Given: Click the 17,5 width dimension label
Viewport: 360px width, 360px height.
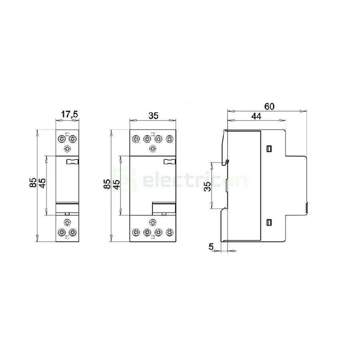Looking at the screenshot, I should click(69, 115).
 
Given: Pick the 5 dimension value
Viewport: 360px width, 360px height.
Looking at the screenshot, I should click(211, 247).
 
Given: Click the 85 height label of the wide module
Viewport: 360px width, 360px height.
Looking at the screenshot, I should click(107, 184).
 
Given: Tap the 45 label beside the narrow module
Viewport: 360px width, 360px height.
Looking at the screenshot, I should click(42, 182).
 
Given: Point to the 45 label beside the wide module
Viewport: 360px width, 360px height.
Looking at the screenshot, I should click(116, 184).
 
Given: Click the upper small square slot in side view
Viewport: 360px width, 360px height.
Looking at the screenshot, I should click(268, 149).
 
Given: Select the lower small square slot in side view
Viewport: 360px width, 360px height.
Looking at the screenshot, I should click(268, 222).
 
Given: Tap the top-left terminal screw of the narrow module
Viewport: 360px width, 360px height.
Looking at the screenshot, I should click(62, 139).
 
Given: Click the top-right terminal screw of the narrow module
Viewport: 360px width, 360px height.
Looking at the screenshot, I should click(72, 139).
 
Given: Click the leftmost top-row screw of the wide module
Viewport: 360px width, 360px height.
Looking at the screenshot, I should click(135, 139).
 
